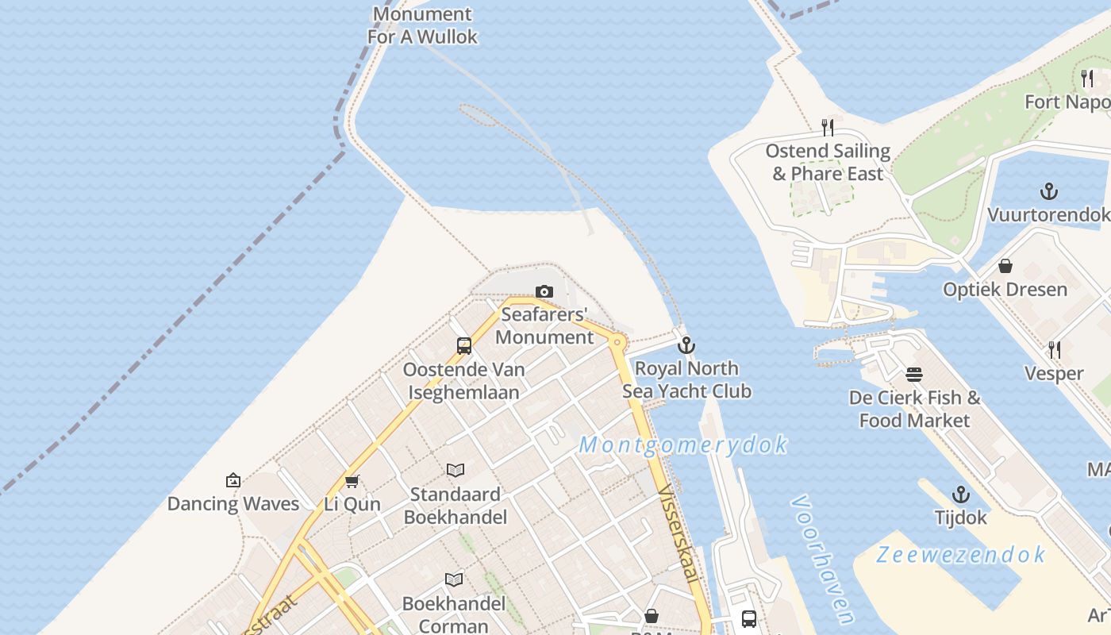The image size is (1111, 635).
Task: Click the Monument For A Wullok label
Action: pos(423,25)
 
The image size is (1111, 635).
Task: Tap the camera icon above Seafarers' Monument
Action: pos(544,292)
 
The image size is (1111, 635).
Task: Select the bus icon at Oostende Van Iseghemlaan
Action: pos(464,346)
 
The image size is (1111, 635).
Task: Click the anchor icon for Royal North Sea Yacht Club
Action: pos(686,345)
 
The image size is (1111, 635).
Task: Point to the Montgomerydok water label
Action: pos(683,445)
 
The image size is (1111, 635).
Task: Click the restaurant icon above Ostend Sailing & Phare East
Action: pos(828,127)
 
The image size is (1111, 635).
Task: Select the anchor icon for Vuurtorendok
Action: pos(1049,191)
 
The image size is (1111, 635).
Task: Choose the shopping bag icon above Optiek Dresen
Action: pos(1005,266)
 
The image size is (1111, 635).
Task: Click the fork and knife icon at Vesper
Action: pos(1055,349)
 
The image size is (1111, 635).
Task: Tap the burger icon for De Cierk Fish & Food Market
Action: pos(914,374)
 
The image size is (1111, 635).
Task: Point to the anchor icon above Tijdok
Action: pos(961,495)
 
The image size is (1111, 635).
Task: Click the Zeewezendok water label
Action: pos(960,555)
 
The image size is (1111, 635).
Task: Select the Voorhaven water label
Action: pos(823,560)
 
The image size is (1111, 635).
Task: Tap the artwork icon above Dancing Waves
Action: pos(233,480)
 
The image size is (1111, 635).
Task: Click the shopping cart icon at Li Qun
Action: pos(352,481)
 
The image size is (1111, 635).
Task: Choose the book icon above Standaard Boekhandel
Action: pos(455,471)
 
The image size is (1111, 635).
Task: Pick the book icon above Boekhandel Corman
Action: pos(454,580)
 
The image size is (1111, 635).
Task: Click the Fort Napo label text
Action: pos(1067,102)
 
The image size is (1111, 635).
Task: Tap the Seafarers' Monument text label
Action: pos(544,326)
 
